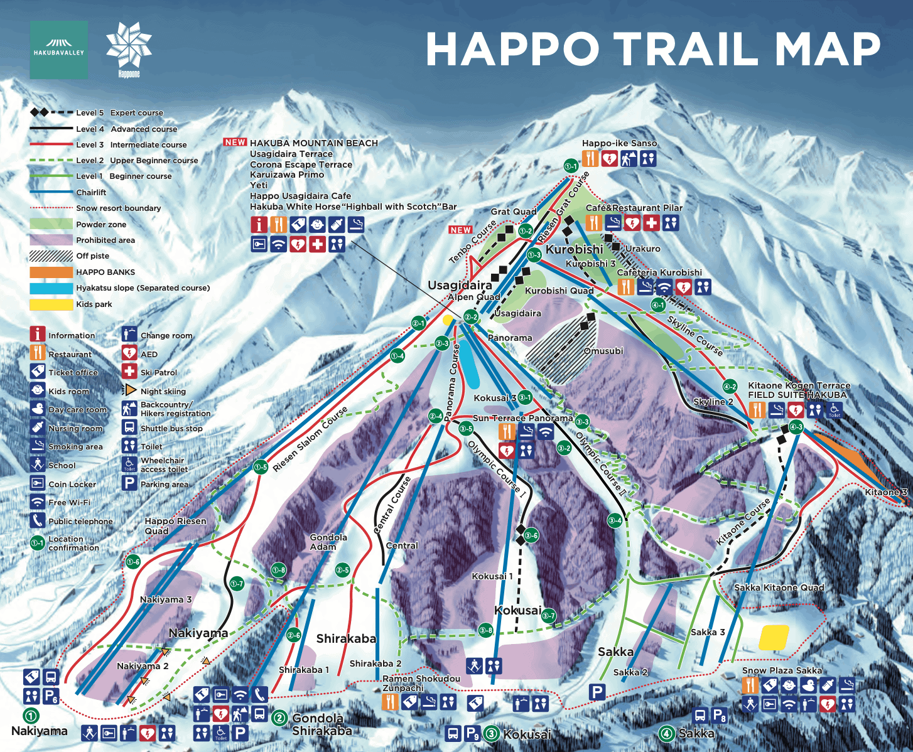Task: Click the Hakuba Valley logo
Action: point(58,50)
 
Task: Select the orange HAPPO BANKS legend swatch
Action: point(51,272)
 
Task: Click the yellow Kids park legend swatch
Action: point(51,304)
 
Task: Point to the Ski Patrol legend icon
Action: point(129,372)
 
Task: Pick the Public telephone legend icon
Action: point(38,520)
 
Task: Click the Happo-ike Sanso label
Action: point(619,144)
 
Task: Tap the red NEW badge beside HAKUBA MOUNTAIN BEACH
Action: point(235,142)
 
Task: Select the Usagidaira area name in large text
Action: point(460,286)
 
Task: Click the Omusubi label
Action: point(603,351)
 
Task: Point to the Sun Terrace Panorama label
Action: point(522,418)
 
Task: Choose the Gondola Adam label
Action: point(328,542)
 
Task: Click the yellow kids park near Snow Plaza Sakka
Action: point(774,637)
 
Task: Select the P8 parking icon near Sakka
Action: point(719,715)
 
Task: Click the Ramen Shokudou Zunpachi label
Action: point(421,683)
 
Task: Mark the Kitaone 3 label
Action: point(886,492)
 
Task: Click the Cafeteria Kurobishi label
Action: point(659,272)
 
